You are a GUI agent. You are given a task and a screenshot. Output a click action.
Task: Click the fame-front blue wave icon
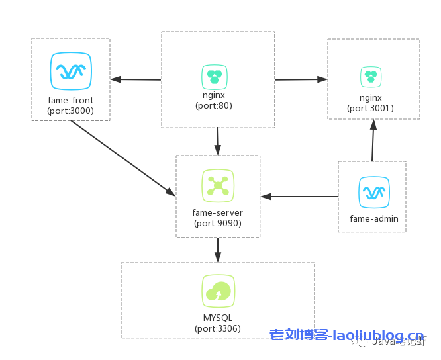pos(70,71)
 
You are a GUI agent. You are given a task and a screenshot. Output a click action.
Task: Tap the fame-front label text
pos(71,101)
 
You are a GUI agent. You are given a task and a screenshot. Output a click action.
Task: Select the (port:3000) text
pos(71,111)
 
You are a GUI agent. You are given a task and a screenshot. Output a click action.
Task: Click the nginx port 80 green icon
pos(214,77)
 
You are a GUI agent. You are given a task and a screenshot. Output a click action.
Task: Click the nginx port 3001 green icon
pos(370,77)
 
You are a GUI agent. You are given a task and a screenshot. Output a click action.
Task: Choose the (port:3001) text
pos(371,108)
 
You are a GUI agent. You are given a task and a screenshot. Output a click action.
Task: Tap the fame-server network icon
pos(218,185)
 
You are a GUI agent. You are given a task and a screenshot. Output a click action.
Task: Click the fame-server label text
pos(218,213)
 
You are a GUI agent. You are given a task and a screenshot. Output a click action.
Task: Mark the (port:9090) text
pos(218,224)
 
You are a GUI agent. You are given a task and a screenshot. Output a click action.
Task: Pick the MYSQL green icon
pos(218,291)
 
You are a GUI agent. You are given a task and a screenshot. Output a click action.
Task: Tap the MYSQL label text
pos(218,318)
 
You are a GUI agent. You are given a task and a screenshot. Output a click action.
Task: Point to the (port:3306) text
pos(218,329)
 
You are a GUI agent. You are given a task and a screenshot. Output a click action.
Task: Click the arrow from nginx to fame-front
pos(136,79)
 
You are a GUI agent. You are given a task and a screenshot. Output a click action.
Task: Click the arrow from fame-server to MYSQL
pos(218,250)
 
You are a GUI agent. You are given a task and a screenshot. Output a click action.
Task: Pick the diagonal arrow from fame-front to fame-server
pos(123,158)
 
